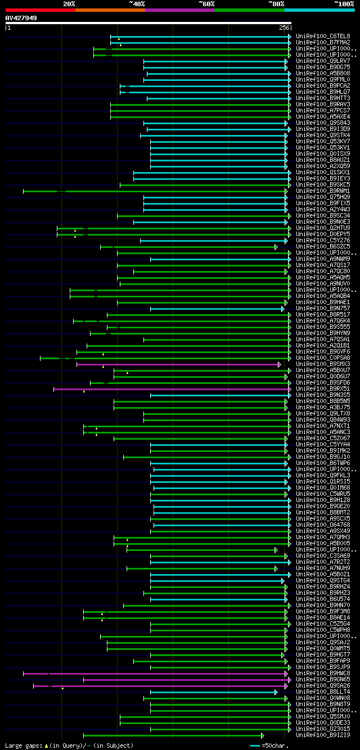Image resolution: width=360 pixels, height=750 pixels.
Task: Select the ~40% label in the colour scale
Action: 137,3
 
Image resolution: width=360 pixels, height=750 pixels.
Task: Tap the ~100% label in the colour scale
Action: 344,3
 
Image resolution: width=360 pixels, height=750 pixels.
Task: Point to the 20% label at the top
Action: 69,3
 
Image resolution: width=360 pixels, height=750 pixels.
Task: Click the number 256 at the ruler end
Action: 284,28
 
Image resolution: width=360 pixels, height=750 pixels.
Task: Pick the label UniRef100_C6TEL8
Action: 323,36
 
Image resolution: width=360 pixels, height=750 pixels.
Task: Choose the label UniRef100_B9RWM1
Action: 323,191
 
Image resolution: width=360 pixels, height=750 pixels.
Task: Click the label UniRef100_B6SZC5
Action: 323,246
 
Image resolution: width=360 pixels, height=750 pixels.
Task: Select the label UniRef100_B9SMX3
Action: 323,364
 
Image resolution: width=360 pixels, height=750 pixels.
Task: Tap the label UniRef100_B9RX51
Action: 323,388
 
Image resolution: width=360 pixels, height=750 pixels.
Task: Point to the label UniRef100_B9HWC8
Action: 323,673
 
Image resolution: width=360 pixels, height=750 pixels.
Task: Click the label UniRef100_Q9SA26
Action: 323,685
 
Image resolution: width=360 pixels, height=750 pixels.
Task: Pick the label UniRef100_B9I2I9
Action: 323,735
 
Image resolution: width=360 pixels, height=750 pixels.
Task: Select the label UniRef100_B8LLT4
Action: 323,692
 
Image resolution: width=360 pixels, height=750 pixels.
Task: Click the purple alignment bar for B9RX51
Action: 169,388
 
